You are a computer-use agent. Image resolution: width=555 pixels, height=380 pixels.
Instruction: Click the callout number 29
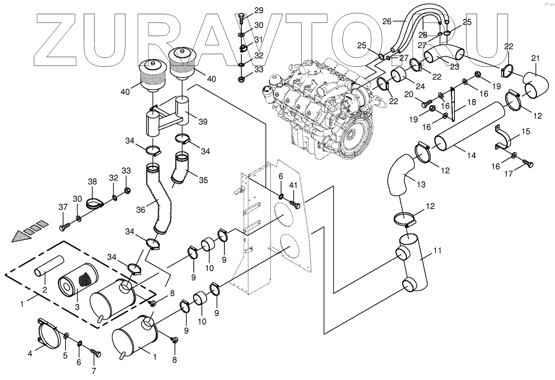click(x=258, y=10)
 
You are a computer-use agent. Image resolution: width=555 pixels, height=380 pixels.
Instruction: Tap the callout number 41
click(x=293, y=186)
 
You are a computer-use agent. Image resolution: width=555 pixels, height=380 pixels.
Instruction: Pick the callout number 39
click(x=203, y=122)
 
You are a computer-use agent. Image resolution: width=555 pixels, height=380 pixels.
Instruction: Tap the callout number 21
click(x=535, y=59)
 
